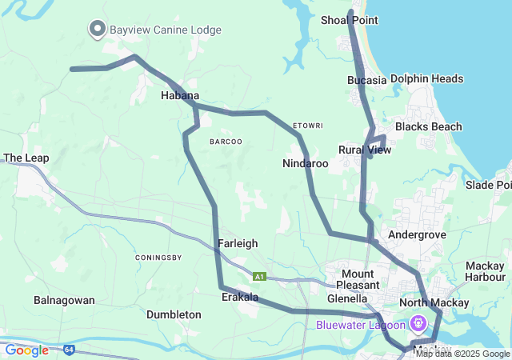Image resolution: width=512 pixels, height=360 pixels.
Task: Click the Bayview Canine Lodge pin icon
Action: point(98,30)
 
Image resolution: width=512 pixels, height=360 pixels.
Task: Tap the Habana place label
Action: point(180,96)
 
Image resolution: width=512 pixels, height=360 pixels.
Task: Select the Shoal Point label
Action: point(349,20)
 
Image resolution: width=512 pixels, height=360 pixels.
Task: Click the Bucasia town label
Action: point(366,80)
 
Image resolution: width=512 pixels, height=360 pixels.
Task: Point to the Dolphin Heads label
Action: point(426,79)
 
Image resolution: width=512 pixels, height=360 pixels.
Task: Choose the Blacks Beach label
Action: point(428,126)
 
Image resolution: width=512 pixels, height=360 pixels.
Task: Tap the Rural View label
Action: point(365,150)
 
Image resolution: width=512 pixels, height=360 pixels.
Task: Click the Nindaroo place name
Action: point(306,163)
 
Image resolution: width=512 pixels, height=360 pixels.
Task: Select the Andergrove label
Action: point(415,235)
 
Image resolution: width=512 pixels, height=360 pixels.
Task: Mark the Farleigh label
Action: point(237,243)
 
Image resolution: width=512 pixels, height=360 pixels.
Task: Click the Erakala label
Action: point(240,297)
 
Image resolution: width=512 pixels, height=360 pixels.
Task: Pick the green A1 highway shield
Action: point(259,277)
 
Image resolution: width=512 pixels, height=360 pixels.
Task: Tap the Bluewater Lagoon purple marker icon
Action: point(418,324)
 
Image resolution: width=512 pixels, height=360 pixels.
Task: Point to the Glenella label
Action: point(347,298)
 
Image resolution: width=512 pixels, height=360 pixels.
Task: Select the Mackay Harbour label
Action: point(486,271)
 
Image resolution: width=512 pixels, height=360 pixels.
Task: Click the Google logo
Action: point(26,350)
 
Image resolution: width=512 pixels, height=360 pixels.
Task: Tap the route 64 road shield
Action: point(70,350)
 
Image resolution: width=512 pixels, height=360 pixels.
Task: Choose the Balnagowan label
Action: point(64,301)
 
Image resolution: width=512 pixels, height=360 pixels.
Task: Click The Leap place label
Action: point(26,158)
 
